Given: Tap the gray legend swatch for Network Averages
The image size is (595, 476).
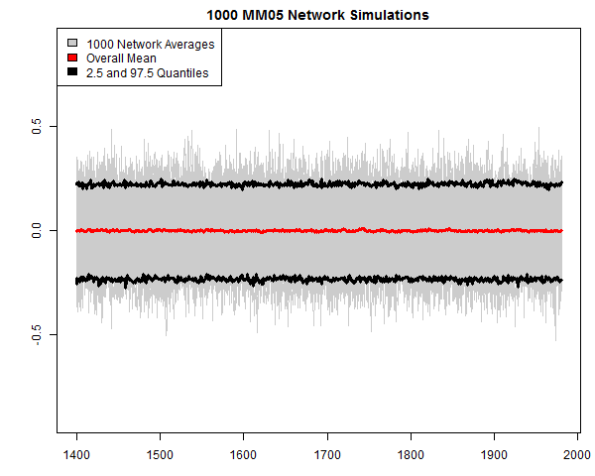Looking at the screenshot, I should [72, 45].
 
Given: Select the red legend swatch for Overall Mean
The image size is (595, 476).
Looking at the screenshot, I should [72, 59].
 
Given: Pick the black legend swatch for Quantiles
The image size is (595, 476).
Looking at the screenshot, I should [72, 73].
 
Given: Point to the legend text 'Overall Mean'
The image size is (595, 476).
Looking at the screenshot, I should [121, 59].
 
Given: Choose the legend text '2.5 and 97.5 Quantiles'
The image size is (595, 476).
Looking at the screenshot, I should [148, 73].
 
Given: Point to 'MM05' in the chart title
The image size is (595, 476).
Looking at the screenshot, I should [262, 16].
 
